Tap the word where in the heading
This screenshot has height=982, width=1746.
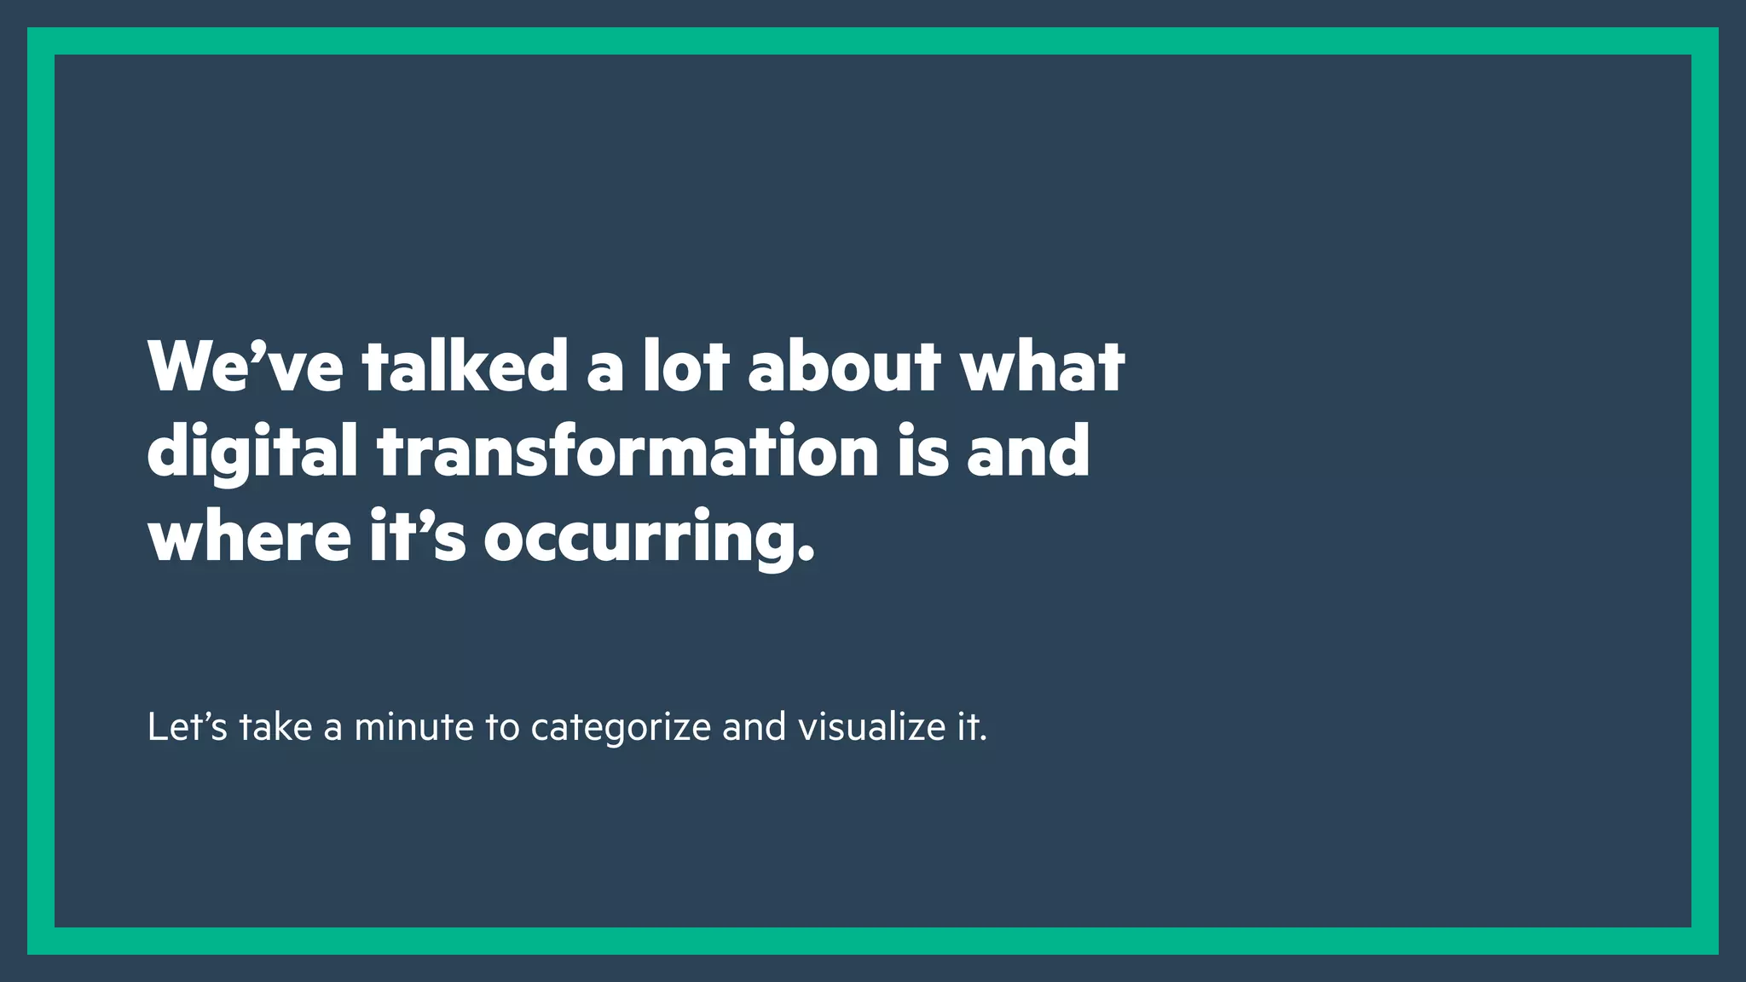coord(249,536)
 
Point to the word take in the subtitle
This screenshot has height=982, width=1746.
coord(275,727)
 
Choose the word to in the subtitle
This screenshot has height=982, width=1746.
coord(502,728)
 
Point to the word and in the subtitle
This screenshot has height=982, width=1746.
coord(754,727)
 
